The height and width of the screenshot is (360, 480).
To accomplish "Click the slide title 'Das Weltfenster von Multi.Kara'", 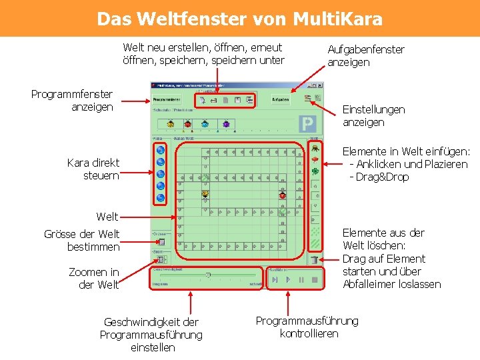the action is (x=239, y=18).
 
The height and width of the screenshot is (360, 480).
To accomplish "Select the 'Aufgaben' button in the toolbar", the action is (x=281, y=99).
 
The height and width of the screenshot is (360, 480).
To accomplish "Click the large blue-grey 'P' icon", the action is (x=307, y=124).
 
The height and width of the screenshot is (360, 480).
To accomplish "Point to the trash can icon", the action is (x=314, y=259).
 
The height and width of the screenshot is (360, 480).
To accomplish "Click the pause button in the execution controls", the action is (x=301, y=280).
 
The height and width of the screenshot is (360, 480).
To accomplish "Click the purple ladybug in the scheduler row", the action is (x=226, y=124).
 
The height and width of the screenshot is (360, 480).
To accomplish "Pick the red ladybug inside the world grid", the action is (x=283, y=195).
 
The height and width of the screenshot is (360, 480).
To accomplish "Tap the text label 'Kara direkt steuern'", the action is (x=93, y=169).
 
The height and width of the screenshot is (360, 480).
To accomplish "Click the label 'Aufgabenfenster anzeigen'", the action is (x=365, y=56).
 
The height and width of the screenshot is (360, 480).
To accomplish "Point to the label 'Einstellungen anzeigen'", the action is (x=373, y=116).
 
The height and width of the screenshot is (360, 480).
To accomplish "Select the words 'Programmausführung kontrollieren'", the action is (x=307, y=327).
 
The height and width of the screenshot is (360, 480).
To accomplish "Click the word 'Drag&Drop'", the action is (x=382, y=177).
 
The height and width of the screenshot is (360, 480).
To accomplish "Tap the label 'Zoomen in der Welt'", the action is (x=94, y=278).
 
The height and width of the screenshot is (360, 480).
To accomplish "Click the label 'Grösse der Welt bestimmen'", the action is (x=82, y=240).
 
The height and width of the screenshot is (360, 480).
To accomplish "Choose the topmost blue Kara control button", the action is (x=160, y=149).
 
